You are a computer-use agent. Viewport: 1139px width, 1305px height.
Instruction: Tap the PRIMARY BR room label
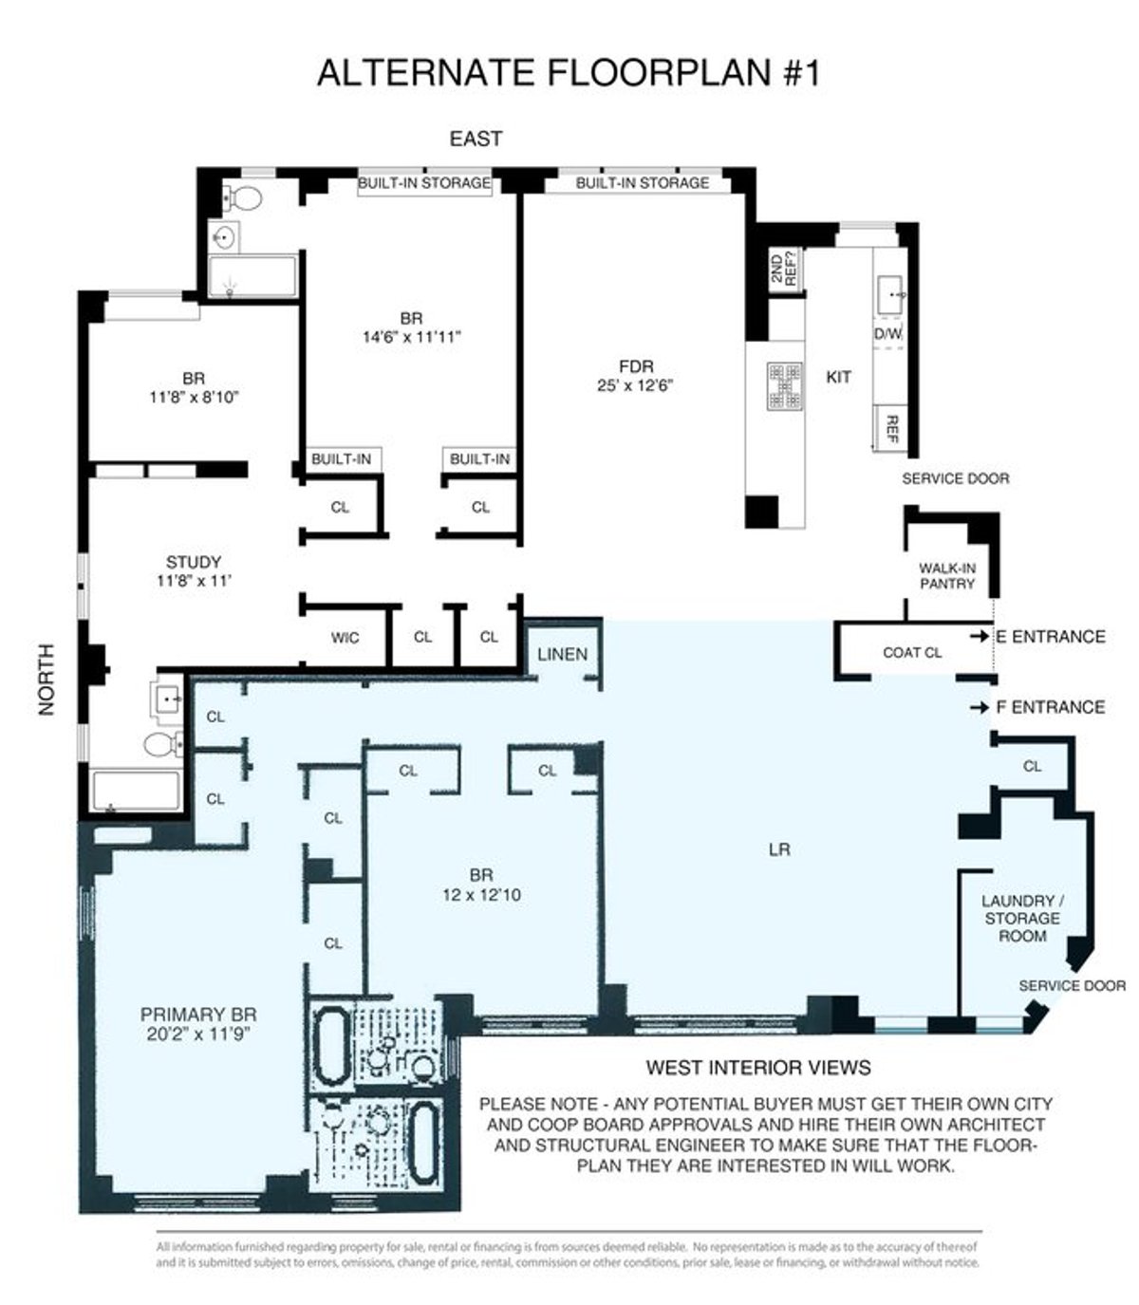coord(197,1023)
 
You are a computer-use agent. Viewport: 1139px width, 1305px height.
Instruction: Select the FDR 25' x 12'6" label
coord(635,376)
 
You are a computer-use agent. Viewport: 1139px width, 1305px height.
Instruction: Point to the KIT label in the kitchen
coord(838,377)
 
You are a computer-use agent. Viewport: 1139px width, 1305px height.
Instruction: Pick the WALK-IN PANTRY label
coord(946,576)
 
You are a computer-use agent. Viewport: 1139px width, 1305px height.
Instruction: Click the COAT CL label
coord(912,652)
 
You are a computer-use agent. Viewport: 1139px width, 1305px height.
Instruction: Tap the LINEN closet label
coord(562,654)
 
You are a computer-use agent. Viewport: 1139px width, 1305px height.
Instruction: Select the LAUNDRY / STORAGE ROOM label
coord(1021,918)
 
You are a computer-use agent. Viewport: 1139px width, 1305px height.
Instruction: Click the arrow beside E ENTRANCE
coord(979,637)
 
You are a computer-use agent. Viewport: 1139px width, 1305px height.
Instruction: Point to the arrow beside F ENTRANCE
coord(979,708)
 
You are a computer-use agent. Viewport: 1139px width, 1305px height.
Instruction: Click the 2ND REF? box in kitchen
coord(786,268)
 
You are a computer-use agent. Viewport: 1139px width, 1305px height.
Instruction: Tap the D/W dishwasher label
coord(887,335)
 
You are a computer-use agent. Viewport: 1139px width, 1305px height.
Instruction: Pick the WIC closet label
coord(345,638)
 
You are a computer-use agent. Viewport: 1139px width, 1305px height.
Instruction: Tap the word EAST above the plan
coord(476,139)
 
